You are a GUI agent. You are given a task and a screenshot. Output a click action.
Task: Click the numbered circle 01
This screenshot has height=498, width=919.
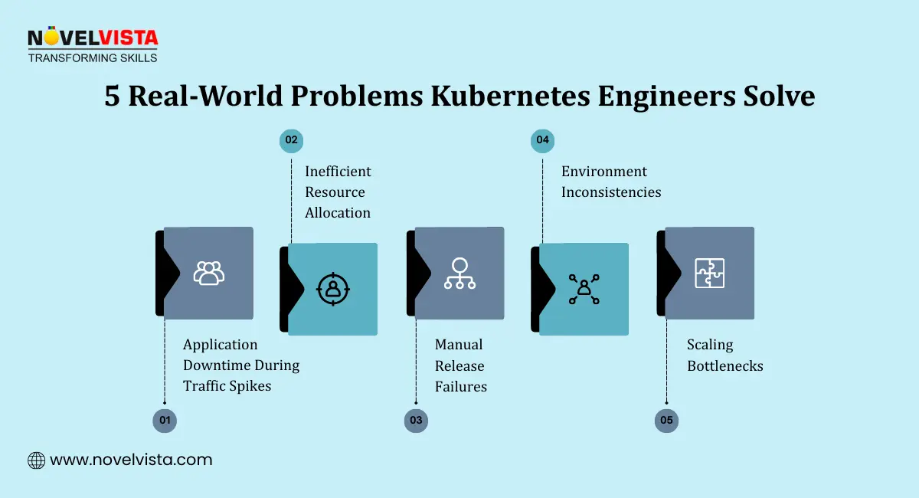164,421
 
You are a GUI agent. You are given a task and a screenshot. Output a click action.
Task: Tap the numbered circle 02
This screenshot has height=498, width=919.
291,140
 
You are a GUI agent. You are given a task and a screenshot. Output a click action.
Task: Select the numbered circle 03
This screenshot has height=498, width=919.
416,421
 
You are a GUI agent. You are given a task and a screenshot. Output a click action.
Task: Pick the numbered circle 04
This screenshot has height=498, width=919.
542,140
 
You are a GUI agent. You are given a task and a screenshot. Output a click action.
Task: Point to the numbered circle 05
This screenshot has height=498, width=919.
666,421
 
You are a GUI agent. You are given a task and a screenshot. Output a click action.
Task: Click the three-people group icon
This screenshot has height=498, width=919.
208,273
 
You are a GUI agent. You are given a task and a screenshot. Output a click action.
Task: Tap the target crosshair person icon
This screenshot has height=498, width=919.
332,288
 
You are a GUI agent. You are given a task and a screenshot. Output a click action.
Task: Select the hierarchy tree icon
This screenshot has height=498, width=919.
459,273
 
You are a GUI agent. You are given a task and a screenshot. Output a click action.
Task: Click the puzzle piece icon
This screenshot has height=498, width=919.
709,273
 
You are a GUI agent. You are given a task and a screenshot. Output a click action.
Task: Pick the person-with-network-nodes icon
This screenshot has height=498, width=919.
584,289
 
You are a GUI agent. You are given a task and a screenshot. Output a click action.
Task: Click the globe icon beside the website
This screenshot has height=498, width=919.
36,460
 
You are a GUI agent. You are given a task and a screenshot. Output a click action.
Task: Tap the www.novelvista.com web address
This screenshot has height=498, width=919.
131,460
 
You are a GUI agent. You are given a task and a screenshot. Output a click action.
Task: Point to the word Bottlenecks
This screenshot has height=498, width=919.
724,366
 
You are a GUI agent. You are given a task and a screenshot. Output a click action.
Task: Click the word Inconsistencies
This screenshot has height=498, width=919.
611,192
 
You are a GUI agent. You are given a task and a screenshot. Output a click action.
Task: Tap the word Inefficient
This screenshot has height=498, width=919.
338,172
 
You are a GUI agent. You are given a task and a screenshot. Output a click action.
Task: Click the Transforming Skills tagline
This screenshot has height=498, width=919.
93,57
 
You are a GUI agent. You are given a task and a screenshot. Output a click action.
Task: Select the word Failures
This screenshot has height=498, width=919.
461,387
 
